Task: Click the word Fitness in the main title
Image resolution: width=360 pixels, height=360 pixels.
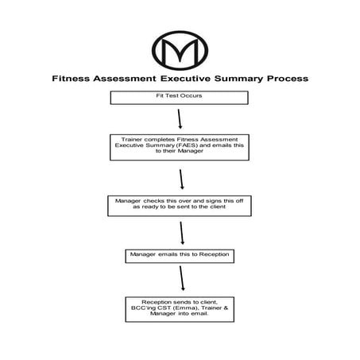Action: [72, 79]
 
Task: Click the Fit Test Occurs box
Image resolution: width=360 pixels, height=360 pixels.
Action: [180, 98]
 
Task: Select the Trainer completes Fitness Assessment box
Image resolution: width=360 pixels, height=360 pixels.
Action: [180, 149]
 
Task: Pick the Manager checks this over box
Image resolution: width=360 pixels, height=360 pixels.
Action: [180, 206]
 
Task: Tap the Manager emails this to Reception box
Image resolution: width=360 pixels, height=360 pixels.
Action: [180, 256]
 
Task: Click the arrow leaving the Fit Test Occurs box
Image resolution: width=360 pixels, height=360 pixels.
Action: [181, 118]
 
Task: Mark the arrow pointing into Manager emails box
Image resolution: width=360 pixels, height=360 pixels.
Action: [183, 233]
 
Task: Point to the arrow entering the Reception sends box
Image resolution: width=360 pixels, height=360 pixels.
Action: [184, 279]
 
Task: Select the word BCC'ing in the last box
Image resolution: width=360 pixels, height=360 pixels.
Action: [145, 308]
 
